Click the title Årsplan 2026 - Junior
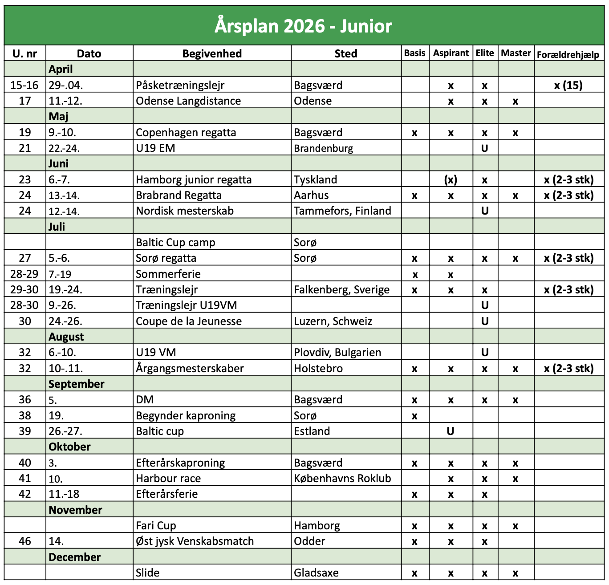pyautogui.click(x=304, y=26)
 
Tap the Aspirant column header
pyautogui.click(x=451, y=53)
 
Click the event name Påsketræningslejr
pyautogui.click(x=180, y=85)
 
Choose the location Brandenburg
pyautogui.click(x=323, y=148)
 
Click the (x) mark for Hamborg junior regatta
pyautogui.click(x=451, y=180)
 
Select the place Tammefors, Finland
pyautogui.click(x=342, y=211)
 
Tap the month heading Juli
pyautogui.click(x=57, y=227)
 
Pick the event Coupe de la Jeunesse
pyautogui.click(x=189, y=321)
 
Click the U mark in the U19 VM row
pyautogui.click(x=485, y=353)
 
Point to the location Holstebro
pyautogui.click(x=318, y=369)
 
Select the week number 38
pyautogui.click(x=25, y=415)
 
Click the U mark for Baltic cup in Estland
pyautogui.click(x=451, y=431)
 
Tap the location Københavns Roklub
pyautogui.click(x=342, y=479)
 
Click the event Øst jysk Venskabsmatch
pyautogui.click(x=195, y=541)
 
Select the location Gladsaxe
pyautogui.click(x=316, y=573)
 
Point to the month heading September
pyautogui.click(x=77, y=384)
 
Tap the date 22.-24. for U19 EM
pyautogui.click(x=64, y=148)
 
